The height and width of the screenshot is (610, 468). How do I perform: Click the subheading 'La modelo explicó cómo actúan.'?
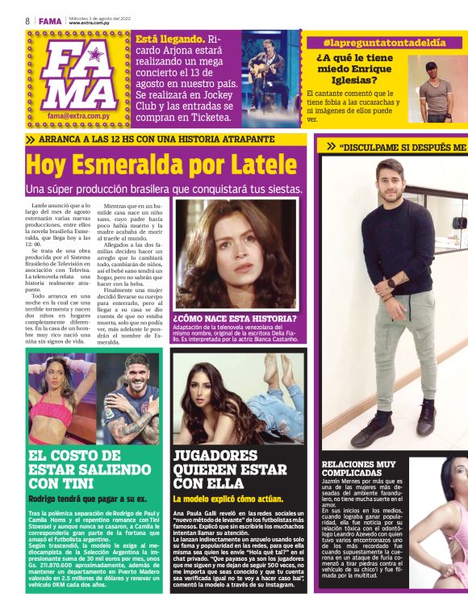point(227,499)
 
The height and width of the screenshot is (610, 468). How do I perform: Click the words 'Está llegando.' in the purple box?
point(170,40)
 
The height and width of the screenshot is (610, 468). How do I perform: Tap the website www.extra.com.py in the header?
point(90,23)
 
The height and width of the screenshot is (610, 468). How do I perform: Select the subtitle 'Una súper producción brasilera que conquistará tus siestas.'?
point(164,189)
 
